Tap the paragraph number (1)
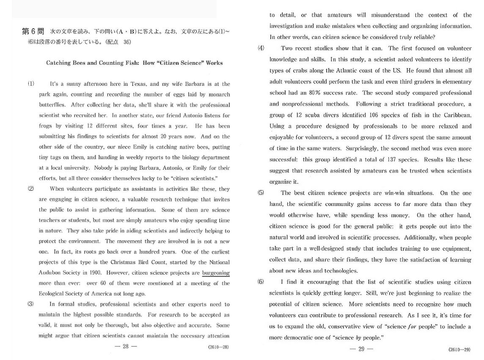[x=31, y=84]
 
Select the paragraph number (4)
[x=261, y=48]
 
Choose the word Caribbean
[x=457, y=115]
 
